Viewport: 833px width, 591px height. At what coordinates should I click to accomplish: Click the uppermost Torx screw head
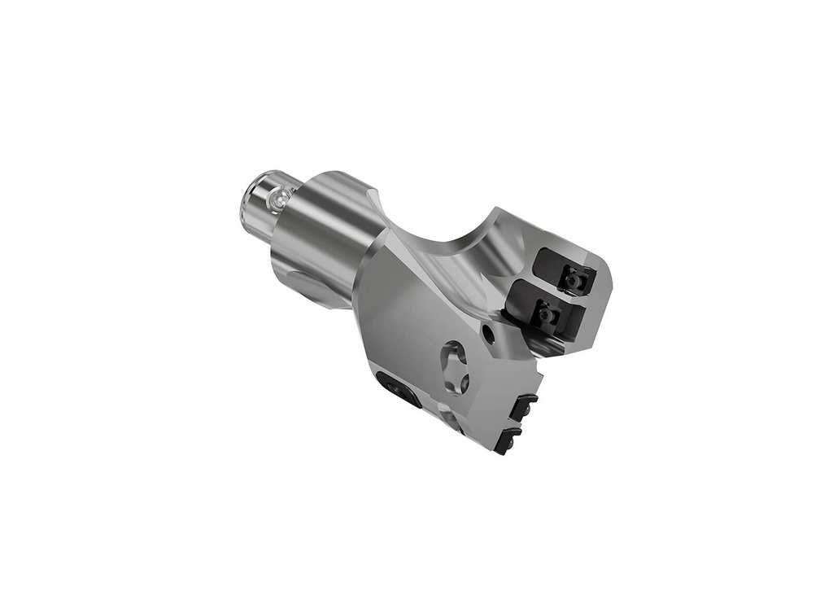[576, 281]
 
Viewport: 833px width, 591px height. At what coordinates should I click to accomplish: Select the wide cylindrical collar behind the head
[317, 236]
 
